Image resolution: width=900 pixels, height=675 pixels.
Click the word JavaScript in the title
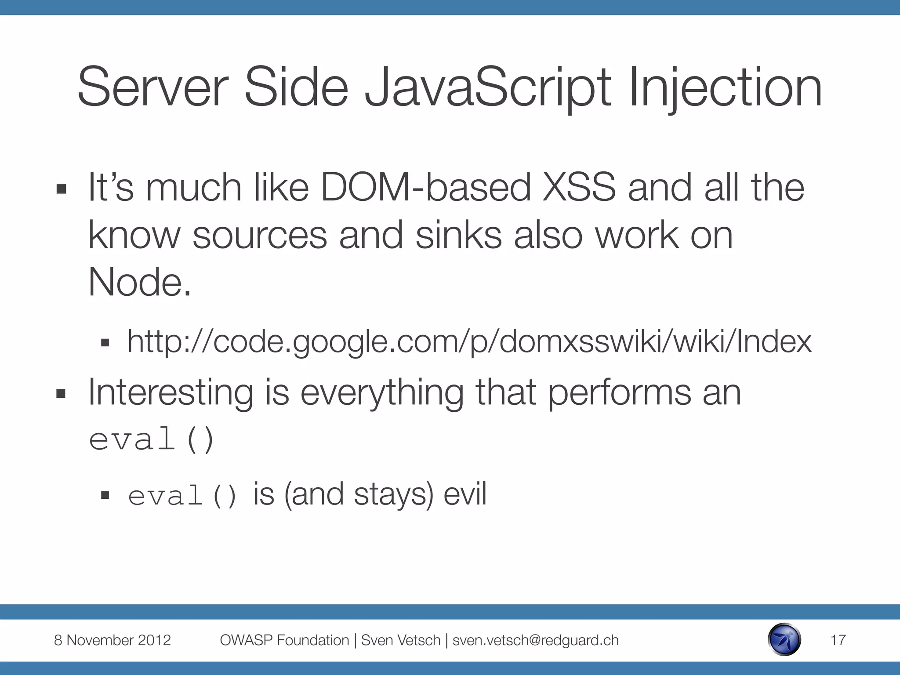tap(488, 88)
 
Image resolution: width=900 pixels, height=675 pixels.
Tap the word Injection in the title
tap(725, 88)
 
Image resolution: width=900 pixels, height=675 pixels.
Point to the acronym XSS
tap(579, 188)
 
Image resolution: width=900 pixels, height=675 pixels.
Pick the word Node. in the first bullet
tap(140, 282)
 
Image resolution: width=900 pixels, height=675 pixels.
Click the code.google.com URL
tap(469, 342)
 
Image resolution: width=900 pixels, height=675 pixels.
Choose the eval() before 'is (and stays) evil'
tap(182, 496)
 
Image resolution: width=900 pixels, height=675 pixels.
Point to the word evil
tap(465, 494)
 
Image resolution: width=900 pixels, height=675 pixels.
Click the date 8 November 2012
tap(112, 640)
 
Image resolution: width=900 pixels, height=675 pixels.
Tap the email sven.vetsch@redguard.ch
tap(535, 640)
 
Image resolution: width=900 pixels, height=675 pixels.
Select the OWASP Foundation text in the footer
tap(284, 640)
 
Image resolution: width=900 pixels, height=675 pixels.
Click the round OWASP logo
tap(784, 640)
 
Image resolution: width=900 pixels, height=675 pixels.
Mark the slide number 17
tap(838, 640)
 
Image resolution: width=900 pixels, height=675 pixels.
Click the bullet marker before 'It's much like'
tap(61, 189)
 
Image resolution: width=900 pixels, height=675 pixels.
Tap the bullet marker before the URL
tap(105, 343)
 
